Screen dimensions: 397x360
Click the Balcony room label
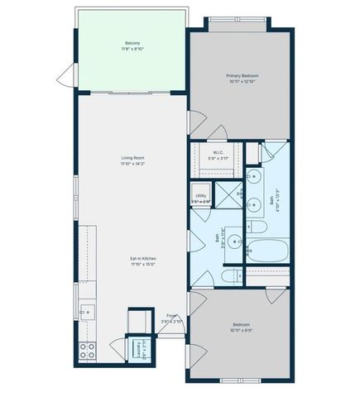(x=132, y=43)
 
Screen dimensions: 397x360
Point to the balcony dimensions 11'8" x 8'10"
(x=132, y=49)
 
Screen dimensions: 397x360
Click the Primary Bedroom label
(x=240, y=76)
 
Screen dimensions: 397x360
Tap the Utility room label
(x=201, y=196)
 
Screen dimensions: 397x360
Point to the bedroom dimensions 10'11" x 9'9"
(x=240, y=330)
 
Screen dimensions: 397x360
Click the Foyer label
(x=171, y=315)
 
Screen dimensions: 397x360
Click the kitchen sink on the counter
(x=87, y=312)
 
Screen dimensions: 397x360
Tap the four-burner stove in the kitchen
(x=87, y=348)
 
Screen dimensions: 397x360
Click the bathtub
(x=266, y=251)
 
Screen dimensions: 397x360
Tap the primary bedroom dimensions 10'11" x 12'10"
(x=240, y=82)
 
